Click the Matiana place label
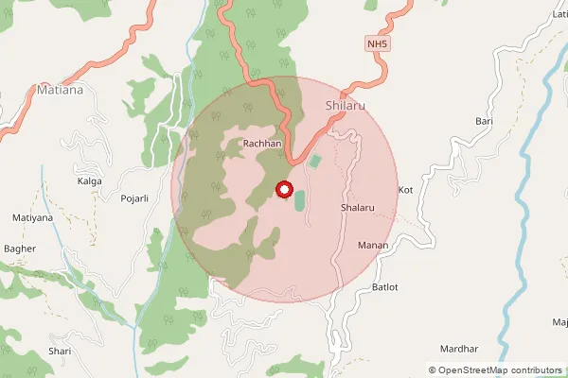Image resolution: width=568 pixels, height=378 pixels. [x=60, y=91]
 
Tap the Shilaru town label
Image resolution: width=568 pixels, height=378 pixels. [x=345, y=105]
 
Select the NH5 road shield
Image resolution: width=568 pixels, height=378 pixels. [x=378, y=44]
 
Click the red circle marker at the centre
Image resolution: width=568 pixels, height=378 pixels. [x=283, y=190]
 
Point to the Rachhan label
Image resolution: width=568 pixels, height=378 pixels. [x=262, y=144]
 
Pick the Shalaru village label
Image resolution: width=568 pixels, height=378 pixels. [x=358, y=207]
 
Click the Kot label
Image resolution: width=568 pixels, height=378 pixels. [x=407, y=190]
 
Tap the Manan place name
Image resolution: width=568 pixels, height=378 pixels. [x=372, y=246]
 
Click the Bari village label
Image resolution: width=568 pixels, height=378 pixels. [x=485, y=122]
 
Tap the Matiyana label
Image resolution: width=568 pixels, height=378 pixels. [x=33, y=217]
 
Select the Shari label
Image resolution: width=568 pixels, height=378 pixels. [x=60, y=352]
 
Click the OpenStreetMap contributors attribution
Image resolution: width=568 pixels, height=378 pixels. [x=501, y=370]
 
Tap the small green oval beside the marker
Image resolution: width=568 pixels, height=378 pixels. [x=300, y=201]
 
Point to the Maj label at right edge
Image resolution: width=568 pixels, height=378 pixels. [x=559, y=323]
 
